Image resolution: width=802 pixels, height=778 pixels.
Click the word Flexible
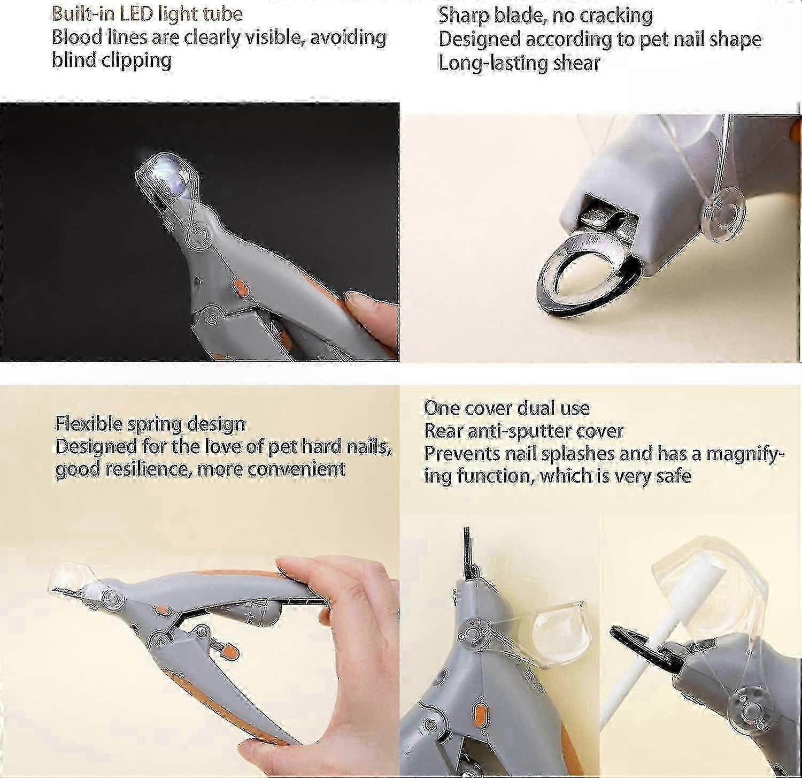(89, 424)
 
